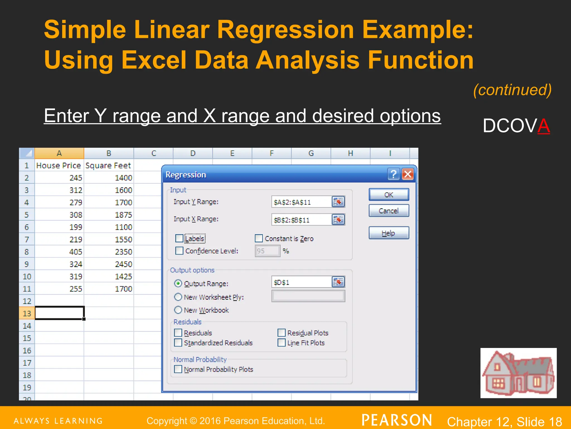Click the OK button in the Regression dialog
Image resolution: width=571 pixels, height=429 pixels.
(389, 195)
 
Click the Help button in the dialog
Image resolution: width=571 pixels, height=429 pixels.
(389, 233)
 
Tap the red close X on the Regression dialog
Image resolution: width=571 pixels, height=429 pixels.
(408, 174)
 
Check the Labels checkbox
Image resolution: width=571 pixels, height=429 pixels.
(179, 239)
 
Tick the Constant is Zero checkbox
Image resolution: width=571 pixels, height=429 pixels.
(259, 238)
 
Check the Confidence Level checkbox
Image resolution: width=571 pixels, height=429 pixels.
(179, 251)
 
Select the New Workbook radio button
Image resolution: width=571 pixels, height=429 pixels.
(178, 310)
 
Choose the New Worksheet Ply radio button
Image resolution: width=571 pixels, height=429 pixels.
(178, 297)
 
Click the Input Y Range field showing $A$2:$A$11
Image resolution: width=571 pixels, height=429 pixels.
(301, 202)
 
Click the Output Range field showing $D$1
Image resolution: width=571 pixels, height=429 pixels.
(301, 282)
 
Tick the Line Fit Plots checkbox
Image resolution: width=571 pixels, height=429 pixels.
(282, 343)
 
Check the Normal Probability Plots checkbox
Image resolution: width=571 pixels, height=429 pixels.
(178, 369)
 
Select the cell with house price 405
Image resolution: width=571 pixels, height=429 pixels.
(59, 252)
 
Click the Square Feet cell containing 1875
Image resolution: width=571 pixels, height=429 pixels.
(109, 215)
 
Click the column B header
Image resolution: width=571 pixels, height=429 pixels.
(109, 153)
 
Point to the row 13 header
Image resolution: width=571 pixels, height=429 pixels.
(27, 313)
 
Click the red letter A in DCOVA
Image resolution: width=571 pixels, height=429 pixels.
(544, 126)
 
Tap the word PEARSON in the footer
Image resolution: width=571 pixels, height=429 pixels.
(396, 420)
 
